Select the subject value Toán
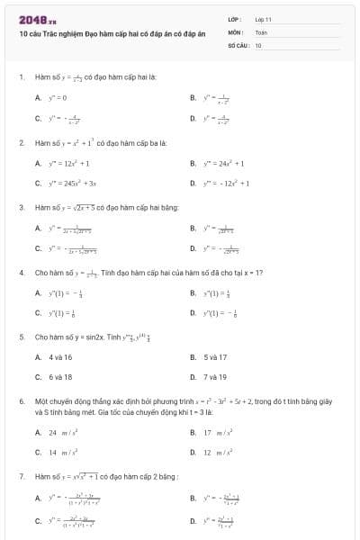(x=261, y=31)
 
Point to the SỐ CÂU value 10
(x=258, y=44)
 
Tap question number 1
(x=21, y=76)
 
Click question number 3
(x=21, y=206)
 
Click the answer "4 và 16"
(x=60, y=357)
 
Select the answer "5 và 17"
(x=215, y=357)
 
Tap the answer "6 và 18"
(x=60, y=377)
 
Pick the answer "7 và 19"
(x=215, y=377)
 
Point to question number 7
(x=21, y=475)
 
